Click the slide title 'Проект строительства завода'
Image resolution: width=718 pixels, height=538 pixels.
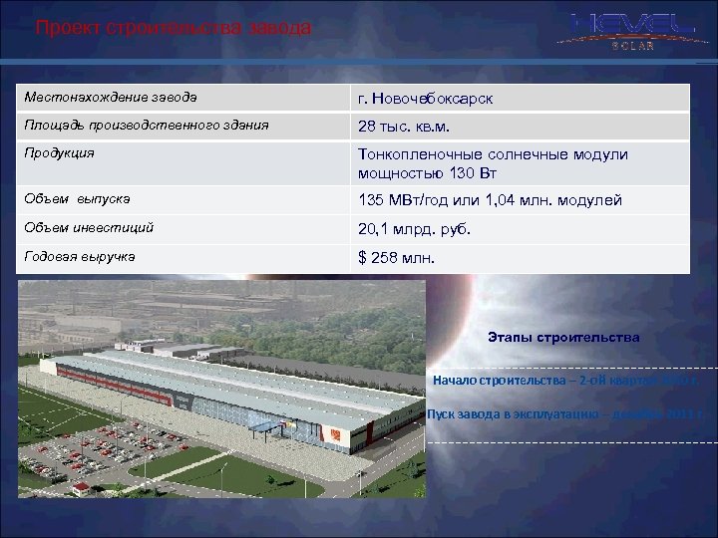pos(174,28)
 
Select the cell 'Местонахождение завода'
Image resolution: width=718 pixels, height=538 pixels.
pos(111,98)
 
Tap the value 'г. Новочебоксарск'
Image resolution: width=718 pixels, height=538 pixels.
pos(426,99)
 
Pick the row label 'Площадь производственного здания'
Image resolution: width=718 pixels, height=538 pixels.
pos(148,126)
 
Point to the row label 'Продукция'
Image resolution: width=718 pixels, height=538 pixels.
pos(61,153)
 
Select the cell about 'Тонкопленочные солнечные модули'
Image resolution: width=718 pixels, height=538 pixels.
pos(493,163)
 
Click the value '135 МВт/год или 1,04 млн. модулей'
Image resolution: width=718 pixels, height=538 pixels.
pos(491,200)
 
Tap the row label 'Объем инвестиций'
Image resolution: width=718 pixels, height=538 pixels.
pos(91,227)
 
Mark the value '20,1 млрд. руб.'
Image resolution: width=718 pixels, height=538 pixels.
pos(414,228)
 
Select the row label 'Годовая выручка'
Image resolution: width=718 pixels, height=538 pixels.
pos(82,256)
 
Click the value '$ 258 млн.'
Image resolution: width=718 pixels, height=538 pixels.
pos(397,257)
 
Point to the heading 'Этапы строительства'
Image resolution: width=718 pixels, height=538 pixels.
pos(564,337)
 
